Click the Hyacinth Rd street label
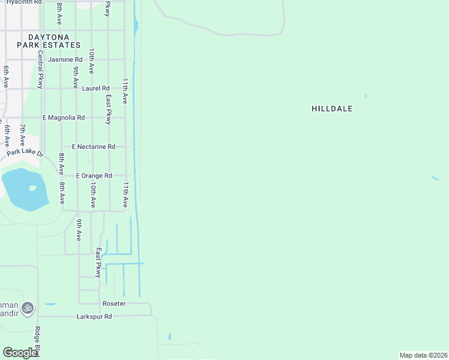click(x=21, y=2)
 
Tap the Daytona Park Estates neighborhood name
click(x=49, y=41)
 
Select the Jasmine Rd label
click(x=65, y=59)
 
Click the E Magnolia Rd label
click(x=64, y=118)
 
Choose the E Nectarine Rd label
click(x=93, y=146)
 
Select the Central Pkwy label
click(x=40, y=70)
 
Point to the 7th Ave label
click(x=22, y=136)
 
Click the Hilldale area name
click(x=332, y=109)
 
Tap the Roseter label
click(x=114, y=304)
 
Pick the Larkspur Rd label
click(x=95, y=316)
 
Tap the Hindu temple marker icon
click(x=26, y=308)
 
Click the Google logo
click(x=20, y=353)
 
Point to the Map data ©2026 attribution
click(x=423, y=355)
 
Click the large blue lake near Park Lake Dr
click(x=25, y=189)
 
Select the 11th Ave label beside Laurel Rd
click(x=125, y=91)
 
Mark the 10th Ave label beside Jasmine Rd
click(x=91, y=61)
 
